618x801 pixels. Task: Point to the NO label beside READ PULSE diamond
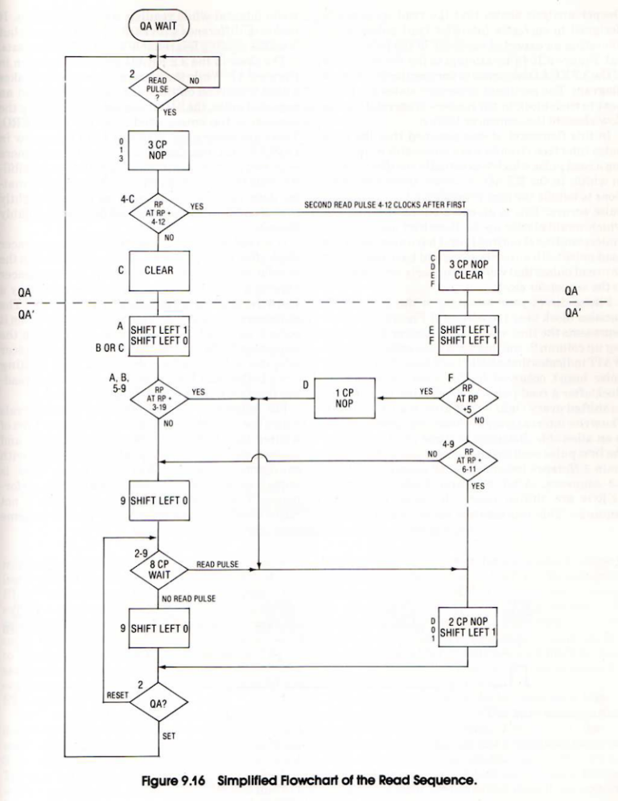point(194,80)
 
